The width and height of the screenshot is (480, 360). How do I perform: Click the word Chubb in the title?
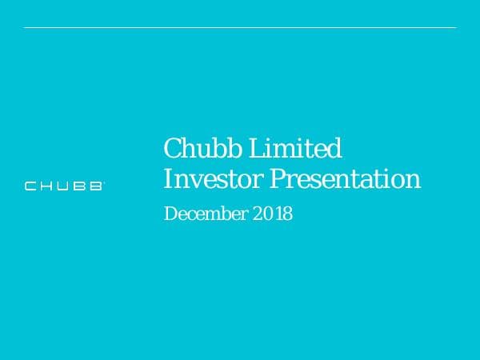[x=193, y=149]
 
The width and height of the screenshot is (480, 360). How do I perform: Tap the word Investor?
[x=212, y=178]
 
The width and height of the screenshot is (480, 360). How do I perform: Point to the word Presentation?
[x=345, y=178]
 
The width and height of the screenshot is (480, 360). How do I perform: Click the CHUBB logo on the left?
[x=64, y=186]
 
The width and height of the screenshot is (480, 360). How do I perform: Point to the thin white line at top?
[x=240, y=28]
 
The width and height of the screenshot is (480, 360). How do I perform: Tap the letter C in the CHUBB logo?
[x=30, y=186]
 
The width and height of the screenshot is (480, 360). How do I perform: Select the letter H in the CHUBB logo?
[x=47, y=186]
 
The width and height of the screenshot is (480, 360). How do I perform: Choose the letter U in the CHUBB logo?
[x=64, y=186]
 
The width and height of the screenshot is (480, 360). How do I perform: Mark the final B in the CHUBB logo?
[x=96, y=186]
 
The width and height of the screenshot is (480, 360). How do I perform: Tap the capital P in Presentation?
[x=277, y=178]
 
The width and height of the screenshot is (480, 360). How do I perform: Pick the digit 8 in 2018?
[x=287, y=214]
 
